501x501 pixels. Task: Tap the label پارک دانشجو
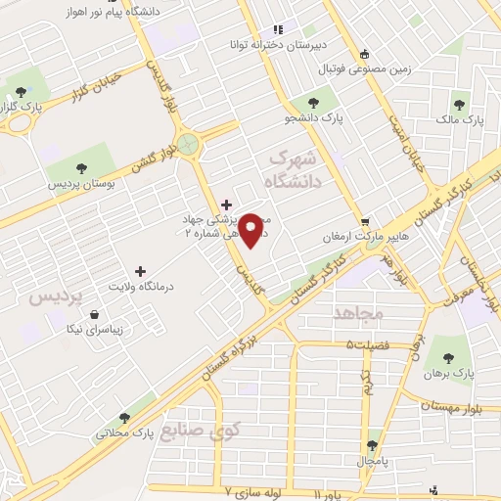pyautogui.click(x=316, y=118)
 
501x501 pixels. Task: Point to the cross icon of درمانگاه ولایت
pyautogui.click(x=140, y=270)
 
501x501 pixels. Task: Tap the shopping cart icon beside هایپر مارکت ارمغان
pyautogui.click(x=364, y=221)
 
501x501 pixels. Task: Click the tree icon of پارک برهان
pyautogui.click(x=451, y=356)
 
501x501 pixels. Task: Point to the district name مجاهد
pyautogui.click(x=355, y=313)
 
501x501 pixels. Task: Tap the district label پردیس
pyautogui.click(x=50, y=295)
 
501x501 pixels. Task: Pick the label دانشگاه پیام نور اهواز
pyautogui.click(x=89, y=11)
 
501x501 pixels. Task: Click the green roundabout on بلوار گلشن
pyautogui.click(x=187, y=145)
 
